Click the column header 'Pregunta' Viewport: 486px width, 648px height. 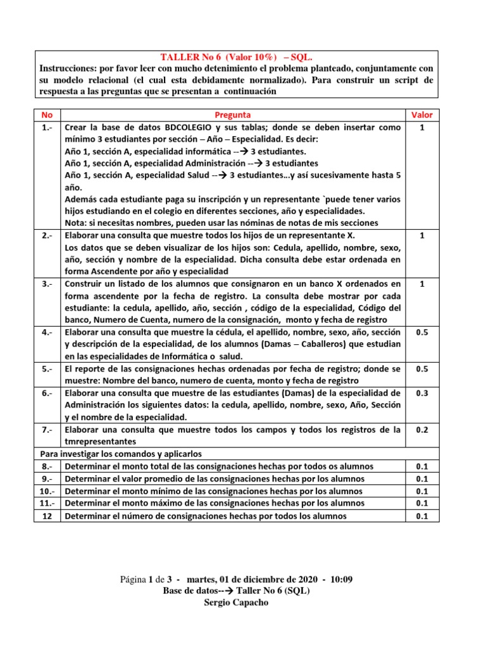233,115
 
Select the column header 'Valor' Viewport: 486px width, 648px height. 421,115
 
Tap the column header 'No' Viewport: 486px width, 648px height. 46,115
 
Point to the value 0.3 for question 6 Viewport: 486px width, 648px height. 421,393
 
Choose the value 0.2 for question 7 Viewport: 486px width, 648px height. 421,430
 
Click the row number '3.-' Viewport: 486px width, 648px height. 47,284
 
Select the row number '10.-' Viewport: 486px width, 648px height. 47,491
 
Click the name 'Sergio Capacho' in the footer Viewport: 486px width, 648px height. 236,602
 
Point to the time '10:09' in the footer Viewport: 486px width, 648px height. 340,579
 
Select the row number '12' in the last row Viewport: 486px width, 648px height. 46,516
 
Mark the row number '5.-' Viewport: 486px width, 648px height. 47,369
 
